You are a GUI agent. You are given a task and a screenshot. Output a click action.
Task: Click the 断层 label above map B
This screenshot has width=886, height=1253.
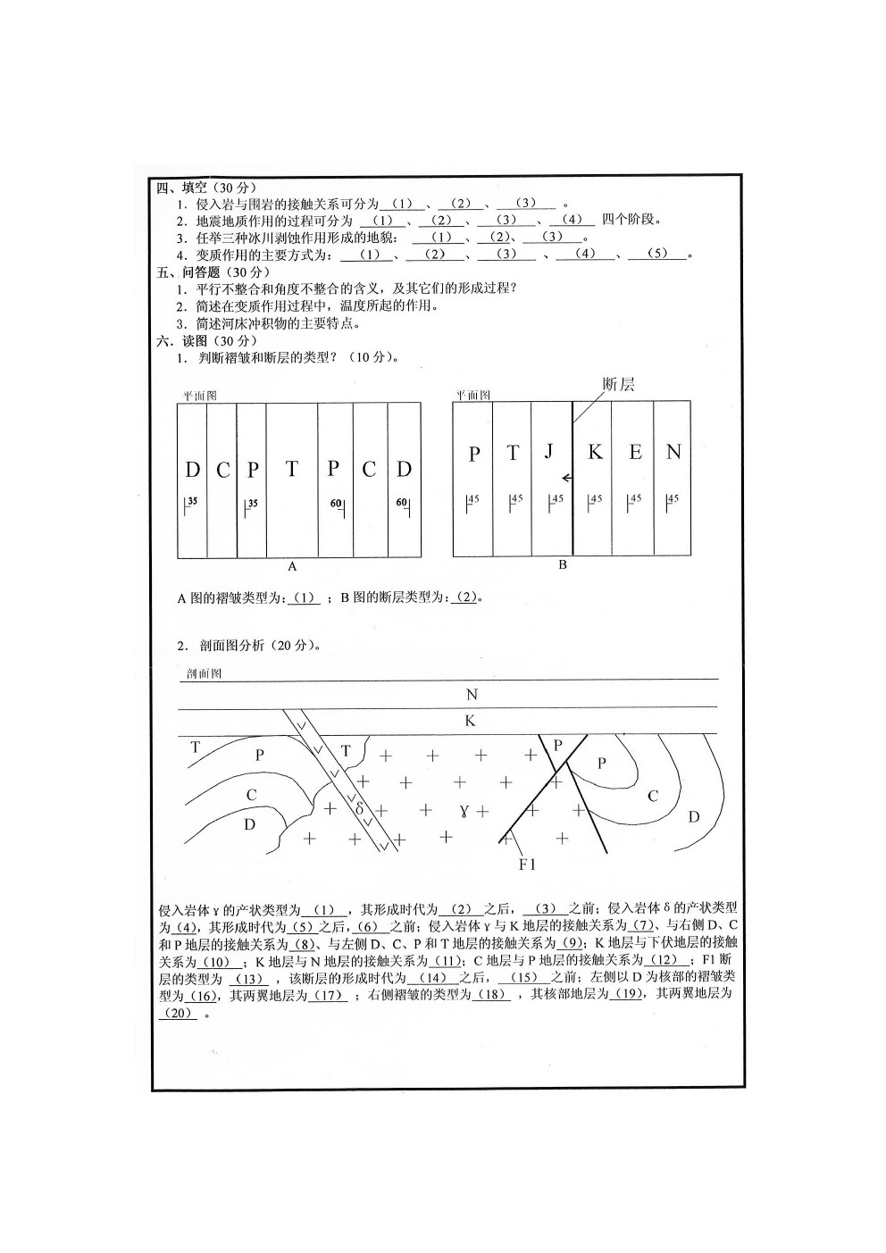[x=618, y=385]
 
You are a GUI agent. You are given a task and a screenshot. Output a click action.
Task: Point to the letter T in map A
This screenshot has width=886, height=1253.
[x=291, y=469]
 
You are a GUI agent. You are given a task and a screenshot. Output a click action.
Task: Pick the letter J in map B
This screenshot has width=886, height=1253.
[x=549, y=452]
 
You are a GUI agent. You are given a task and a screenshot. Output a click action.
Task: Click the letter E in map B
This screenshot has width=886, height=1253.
[x=635, y=453]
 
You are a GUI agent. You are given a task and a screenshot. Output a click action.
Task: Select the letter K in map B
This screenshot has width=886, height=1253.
[x=595, y=453]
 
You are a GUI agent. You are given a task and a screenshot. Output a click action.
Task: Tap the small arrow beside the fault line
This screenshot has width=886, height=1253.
[x=566, y=479]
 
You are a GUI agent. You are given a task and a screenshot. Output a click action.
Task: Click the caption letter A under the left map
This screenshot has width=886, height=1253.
[x=291, y=566]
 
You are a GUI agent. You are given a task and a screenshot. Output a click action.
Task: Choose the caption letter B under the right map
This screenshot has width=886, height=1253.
[x=562, y=565]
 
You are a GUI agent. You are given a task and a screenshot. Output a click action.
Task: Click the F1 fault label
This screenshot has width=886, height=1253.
[x=527, y=865]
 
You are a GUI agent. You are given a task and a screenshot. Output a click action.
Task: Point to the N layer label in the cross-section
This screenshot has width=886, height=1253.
[x=472, y=695]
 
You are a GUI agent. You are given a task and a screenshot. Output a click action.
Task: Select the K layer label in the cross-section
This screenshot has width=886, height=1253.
[x=471, y=722]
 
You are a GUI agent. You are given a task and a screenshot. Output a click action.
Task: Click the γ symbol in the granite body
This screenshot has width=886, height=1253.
[x=464, y=811]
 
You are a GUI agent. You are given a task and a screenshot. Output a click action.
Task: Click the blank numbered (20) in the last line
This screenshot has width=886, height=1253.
[x=179, y=1013]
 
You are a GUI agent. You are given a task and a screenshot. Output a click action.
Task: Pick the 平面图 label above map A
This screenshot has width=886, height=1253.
[x=199, y=395]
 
